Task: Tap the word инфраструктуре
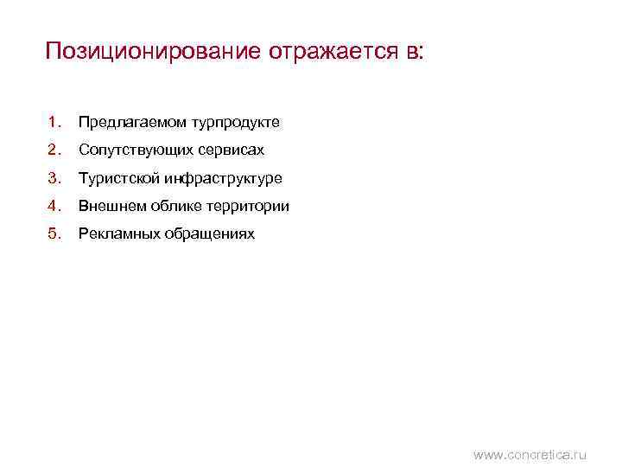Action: (x=221, y=179)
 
